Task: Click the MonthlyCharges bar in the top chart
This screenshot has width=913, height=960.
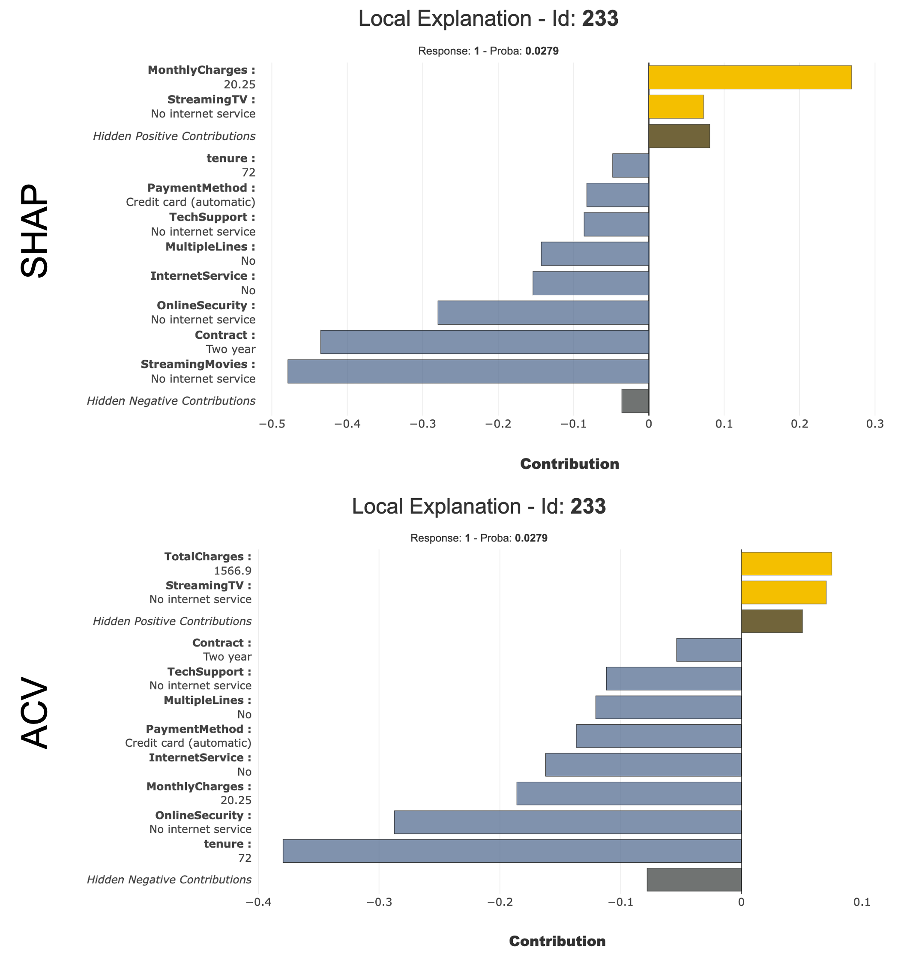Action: tap(749, 78)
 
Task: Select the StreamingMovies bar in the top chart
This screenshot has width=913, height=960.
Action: tap(468, 371)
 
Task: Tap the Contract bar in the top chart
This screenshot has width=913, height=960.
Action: tap(484, 342)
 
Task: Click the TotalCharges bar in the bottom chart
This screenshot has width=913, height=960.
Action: tap(786, 563)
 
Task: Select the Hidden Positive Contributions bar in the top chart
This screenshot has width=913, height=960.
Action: tap(679, 136)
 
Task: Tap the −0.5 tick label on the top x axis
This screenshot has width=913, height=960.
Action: tap(272, 424)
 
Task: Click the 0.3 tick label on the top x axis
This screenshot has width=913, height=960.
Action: tap(874, 424)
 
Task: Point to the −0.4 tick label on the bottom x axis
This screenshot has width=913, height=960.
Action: tap(258, 902)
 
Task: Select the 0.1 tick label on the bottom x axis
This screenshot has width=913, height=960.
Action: tap(862, 902)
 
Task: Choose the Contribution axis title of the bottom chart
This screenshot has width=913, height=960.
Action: tap(557, 941)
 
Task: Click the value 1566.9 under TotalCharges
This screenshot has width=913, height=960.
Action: tap(233, 570)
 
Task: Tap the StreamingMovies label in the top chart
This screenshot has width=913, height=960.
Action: tap(198, 365)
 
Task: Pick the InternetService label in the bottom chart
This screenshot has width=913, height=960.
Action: tap(200, 757)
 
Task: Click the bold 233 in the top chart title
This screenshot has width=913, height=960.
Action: tap(600, 19)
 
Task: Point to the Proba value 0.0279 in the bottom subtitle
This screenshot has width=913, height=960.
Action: tap(531, 538)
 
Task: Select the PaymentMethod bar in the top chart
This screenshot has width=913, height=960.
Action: tap(617, 194)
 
